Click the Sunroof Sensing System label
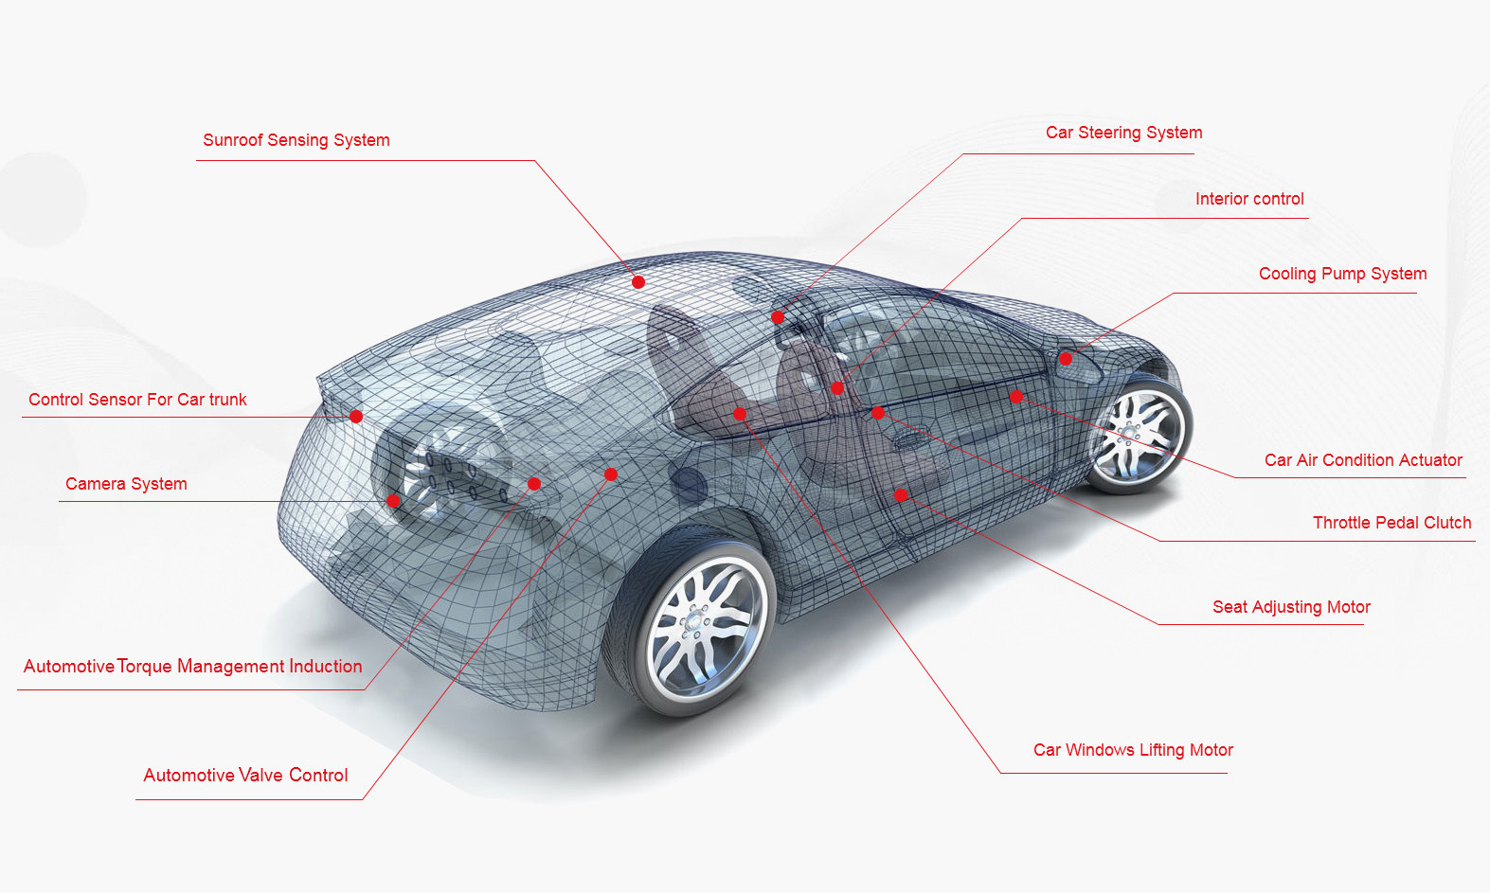tap(296, 140)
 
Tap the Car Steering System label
tap(1123, 133)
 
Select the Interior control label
tap(1249, 199)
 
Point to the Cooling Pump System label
tap(1342, 274)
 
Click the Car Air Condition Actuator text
tap(1363, 460)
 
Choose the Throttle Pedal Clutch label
tap(1391, 523)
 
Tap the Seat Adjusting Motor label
tap(1291, 607)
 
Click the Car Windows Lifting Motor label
tap(1133, 750)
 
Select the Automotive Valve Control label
tap(245, 776)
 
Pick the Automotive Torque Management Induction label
tap(193, 667)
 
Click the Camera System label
tap(126, 484)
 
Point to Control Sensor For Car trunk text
tap(137, 400)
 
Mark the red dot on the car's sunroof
tap(637, 282)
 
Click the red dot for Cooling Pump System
tap(1066, 359)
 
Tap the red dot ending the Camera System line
tap(393, 501)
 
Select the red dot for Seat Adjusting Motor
tap(901, 495)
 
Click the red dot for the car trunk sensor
tap(356, 417)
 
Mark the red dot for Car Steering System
tap(778, 317)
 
